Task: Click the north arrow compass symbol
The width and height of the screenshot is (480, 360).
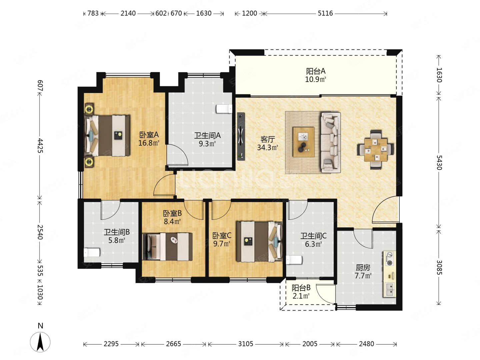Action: click(x=40, y=342)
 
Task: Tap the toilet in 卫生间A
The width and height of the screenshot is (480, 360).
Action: click(x=224, y=109)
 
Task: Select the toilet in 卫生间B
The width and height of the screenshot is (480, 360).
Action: click(x=92, y=252)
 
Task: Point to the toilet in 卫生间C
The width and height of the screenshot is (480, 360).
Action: click(x=294, y=260)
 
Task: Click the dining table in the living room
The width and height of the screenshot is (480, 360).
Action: click(x=375, y=150)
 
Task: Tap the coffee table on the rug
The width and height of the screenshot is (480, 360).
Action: click(x=304, y=142)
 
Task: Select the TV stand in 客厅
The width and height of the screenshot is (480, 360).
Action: click(x=241, y=136)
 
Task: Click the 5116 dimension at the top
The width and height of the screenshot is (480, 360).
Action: click(x=325, y=13)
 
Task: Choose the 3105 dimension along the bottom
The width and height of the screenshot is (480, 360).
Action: click(x=246, y=344)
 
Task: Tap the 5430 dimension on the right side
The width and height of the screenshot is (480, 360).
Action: click(x=439, y=162)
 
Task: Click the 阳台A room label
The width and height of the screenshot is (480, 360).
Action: click(x=316, y=71)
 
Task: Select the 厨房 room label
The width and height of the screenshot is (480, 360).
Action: click(x=363, y=268)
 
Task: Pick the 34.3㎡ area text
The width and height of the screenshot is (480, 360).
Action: click(x=267, y=148)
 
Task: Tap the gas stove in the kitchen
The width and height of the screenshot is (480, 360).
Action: click(x=390, y=259)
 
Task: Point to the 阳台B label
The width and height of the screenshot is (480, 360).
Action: click(x=301, y=288)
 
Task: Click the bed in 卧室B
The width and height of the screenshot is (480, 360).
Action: click(x=167, y=247)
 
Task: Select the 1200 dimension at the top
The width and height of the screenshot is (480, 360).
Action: click(x=249, y=13)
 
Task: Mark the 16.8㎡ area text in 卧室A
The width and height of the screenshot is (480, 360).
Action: click(x=149, y=143)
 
